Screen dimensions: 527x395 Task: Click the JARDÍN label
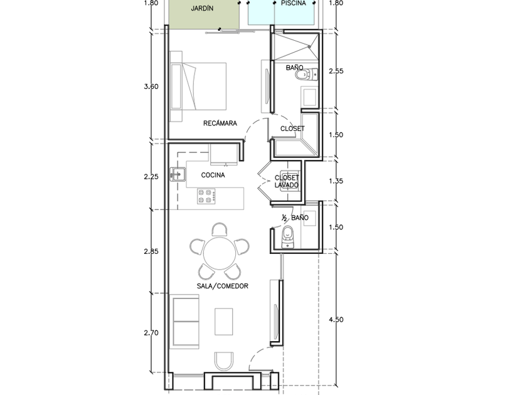tap(202, 8)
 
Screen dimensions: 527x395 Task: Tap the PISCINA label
tap(294, 3)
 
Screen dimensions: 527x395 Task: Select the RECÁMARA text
tap(220, 124)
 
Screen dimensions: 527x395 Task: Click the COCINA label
tap(213, 175)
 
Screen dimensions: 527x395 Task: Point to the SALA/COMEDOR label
tap(223, 286)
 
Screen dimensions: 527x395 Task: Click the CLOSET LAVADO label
tap(287, 181)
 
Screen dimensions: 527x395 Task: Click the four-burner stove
tap(206, 196)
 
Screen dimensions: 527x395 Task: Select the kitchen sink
tap(177, 174)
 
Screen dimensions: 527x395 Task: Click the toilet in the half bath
tap(287, 237)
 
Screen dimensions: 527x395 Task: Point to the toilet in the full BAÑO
tap(307, 74)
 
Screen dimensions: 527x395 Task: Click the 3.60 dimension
tap(151, 87)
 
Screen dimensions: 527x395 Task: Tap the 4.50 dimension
tap(336, 319)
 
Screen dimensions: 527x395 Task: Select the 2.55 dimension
tap(336, 71)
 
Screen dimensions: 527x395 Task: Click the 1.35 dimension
tap(336, 181)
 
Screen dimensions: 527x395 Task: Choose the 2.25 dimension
tap(151, 176)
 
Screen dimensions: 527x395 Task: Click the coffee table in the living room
tap(223, 322)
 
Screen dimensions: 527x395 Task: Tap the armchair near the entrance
tap(224, 361)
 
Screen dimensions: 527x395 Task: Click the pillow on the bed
tap(176, 87)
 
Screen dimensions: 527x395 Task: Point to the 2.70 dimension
tap(151, 333)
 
